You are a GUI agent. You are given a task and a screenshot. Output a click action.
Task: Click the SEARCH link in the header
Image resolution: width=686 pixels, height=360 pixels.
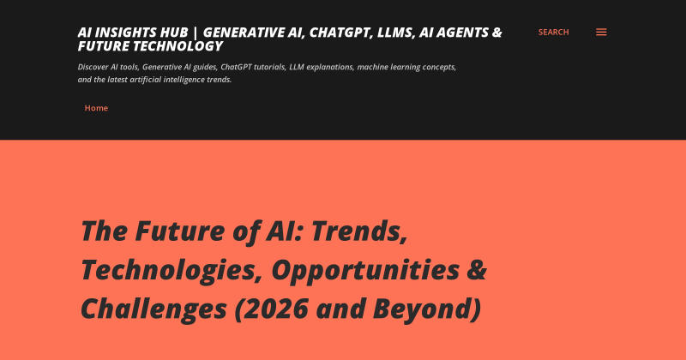pyautogui.click(x=553, y=32)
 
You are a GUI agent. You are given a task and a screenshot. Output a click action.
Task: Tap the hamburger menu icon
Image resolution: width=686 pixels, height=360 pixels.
pyautogui.click(x=601, y=32)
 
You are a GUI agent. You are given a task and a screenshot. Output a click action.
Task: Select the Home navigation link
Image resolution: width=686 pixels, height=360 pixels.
pyautogui.click(x=96, y=108)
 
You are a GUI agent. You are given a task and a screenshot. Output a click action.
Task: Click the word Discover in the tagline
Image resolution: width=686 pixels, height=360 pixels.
pyautogui.click(x=93, y=67)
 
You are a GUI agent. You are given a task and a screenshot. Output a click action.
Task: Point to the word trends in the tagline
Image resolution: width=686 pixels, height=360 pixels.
pyautogui.click(x=220, y=80)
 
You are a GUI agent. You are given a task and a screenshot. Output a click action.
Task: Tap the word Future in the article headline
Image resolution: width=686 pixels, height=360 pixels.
pyautogui.click(x=180, y=231)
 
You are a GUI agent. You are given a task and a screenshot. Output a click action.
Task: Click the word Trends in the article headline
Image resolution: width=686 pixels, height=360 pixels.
pyautogui.click(x=358, y=231)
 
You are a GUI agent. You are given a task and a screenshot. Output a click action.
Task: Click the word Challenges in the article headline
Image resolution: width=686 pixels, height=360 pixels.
pyautogui.click(x=154, y=309)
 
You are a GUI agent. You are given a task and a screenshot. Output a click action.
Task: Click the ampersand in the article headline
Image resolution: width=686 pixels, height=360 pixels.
pyautogui.click(x=477, y=270)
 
